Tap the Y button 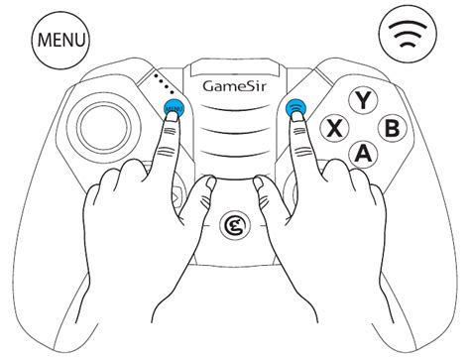coord(365,99)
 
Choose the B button coord(393,128)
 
